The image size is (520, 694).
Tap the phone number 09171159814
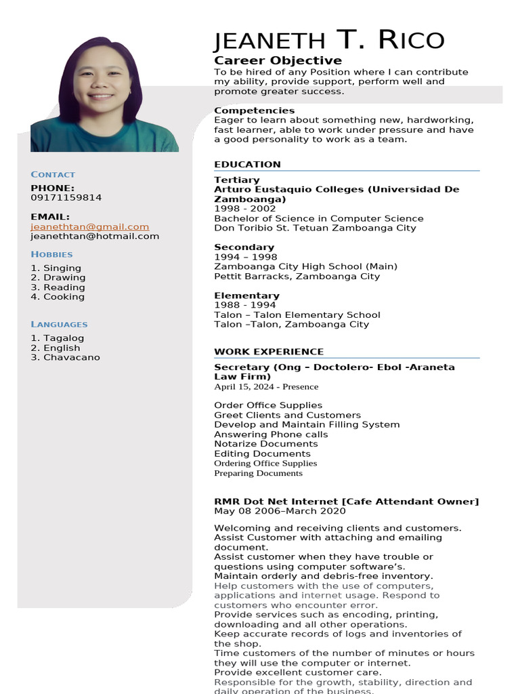click(66, 198)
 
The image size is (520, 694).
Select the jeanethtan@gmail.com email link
click(89, 227)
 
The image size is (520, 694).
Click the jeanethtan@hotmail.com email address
click(95, 237)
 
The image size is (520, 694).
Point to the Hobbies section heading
click(51, 255)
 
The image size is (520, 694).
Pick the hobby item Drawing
click(58, 278)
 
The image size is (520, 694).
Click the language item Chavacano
click(65, 357)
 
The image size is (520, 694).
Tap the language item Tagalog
click(58, 338)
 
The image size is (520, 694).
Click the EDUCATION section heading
click(247, 165)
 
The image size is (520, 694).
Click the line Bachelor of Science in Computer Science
click(319, 219)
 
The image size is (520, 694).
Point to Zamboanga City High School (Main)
click(306, 266)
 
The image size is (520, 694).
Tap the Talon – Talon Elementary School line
click(297, 315)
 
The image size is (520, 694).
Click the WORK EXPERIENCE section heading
click(269, 352)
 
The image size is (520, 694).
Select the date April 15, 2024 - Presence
click(266, 387)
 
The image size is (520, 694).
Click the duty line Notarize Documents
click(266, 444)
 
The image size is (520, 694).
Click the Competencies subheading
click(255, 110)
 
